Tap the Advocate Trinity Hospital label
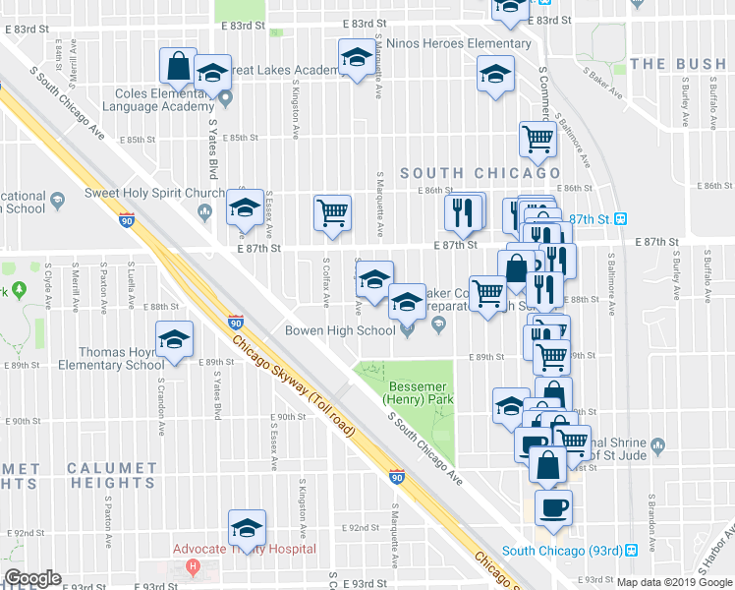click(x=244, y=549)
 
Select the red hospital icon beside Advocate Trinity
click(x=194, y=566)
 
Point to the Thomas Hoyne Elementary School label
click(x=116, y=358)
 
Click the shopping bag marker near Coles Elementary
click(x=179, y=67)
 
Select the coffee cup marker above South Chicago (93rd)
click(x=552, y=507)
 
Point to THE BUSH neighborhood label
click(x=678, y=64)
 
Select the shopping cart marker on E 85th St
click(x=537, y=140)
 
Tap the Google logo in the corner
click(x=32, y=578)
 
